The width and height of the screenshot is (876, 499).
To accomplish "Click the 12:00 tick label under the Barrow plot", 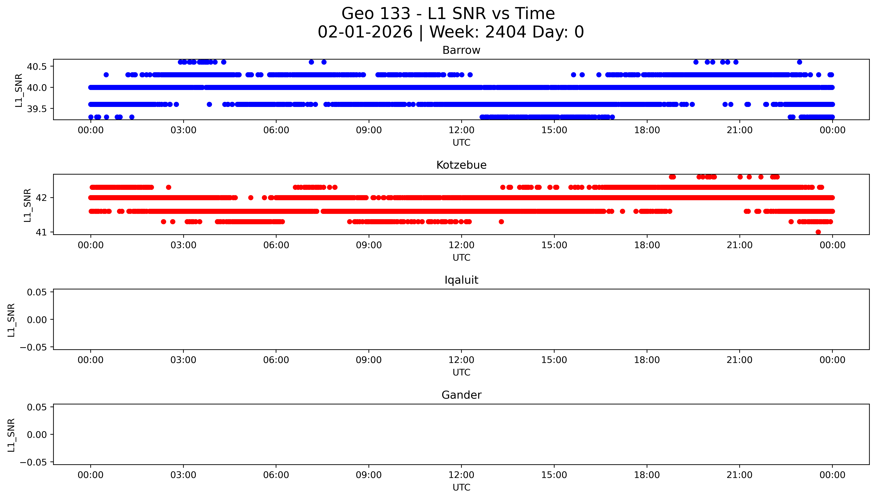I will coord(461,130).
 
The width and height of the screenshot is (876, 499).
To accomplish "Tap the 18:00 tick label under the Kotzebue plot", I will coord(647,245).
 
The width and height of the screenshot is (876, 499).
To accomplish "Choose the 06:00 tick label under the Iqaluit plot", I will coord(276,360).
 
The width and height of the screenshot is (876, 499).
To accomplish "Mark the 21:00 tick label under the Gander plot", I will coord(740,475).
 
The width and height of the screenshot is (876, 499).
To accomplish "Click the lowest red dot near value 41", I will coord(818,232).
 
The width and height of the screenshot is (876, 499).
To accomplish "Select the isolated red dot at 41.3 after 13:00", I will coord(501,222).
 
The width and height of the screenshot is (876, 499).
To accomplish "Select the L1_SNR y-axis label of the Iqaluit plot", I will coord(11,320).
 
